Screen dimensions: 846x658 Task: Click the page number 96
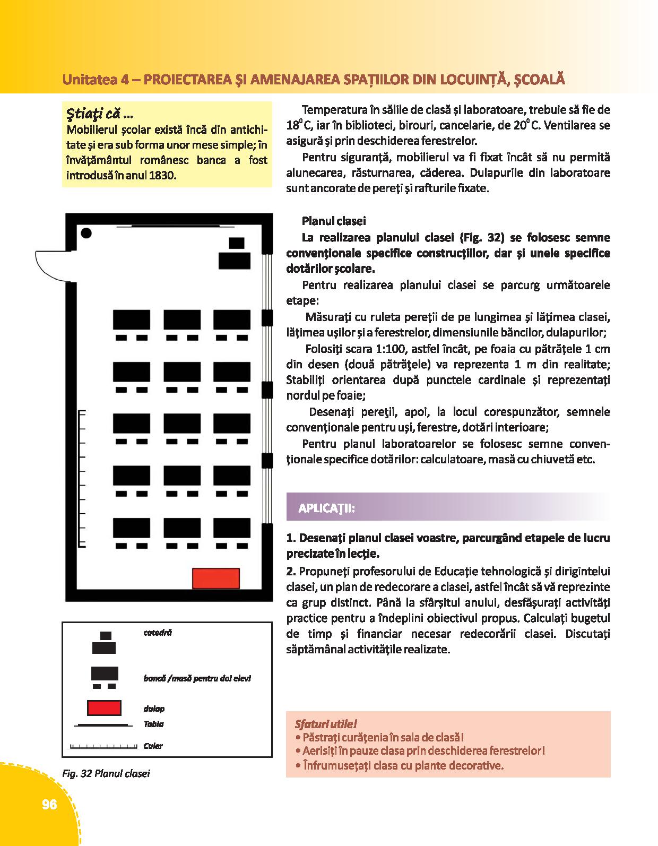pos(49,805)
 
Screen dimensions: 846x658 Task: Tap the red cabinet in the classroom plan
pos(215,578)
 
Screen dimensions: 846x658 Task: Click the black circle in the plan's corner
pos(85,232)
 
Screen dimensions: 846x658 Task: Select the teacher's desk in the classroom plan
pos(235,260)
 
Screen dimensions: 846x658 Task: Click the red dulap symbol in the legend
pos(104,708)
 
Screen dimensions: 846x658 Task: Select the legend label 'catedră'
pos(158,633)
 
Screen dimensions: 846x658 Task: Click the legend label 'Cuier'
pos(153,746)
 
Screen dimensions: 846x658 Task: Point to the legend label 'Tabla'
pos(153,724)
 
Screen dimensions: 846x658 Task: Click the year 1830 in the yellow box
pos(162,175)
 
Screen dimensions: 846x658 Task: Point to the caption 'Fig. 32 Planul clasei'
pos(106,773)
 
